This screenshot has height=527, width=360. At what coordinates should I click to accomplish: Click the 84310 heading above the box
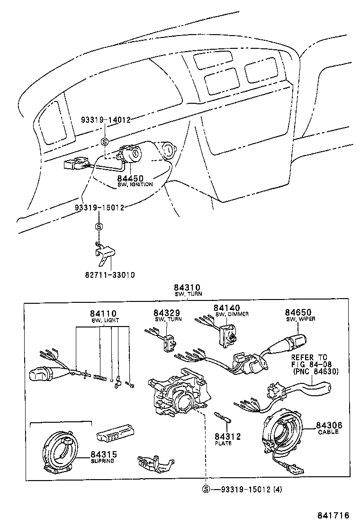click(187, 288)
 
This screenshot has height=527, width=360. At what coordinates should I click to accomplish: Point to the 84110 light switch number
click(103, 313)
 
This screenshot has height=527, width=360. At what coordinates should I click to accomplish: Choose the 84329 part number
click(167, 313)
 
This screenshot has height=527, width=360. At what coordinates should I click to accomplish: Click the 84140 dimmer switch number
click(227, 308)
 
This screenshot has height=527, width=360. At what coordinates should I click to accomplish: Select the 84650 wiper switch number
click(299, 312)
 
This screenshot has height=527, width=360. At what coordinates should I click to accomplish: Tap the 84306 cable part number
click(329, 426)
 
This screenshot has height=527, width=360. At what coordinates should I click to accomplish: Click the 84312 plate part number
click(227, 436)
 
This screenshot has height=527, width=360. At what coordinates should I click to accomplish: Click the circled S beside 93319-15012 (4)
click(206, 490)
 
